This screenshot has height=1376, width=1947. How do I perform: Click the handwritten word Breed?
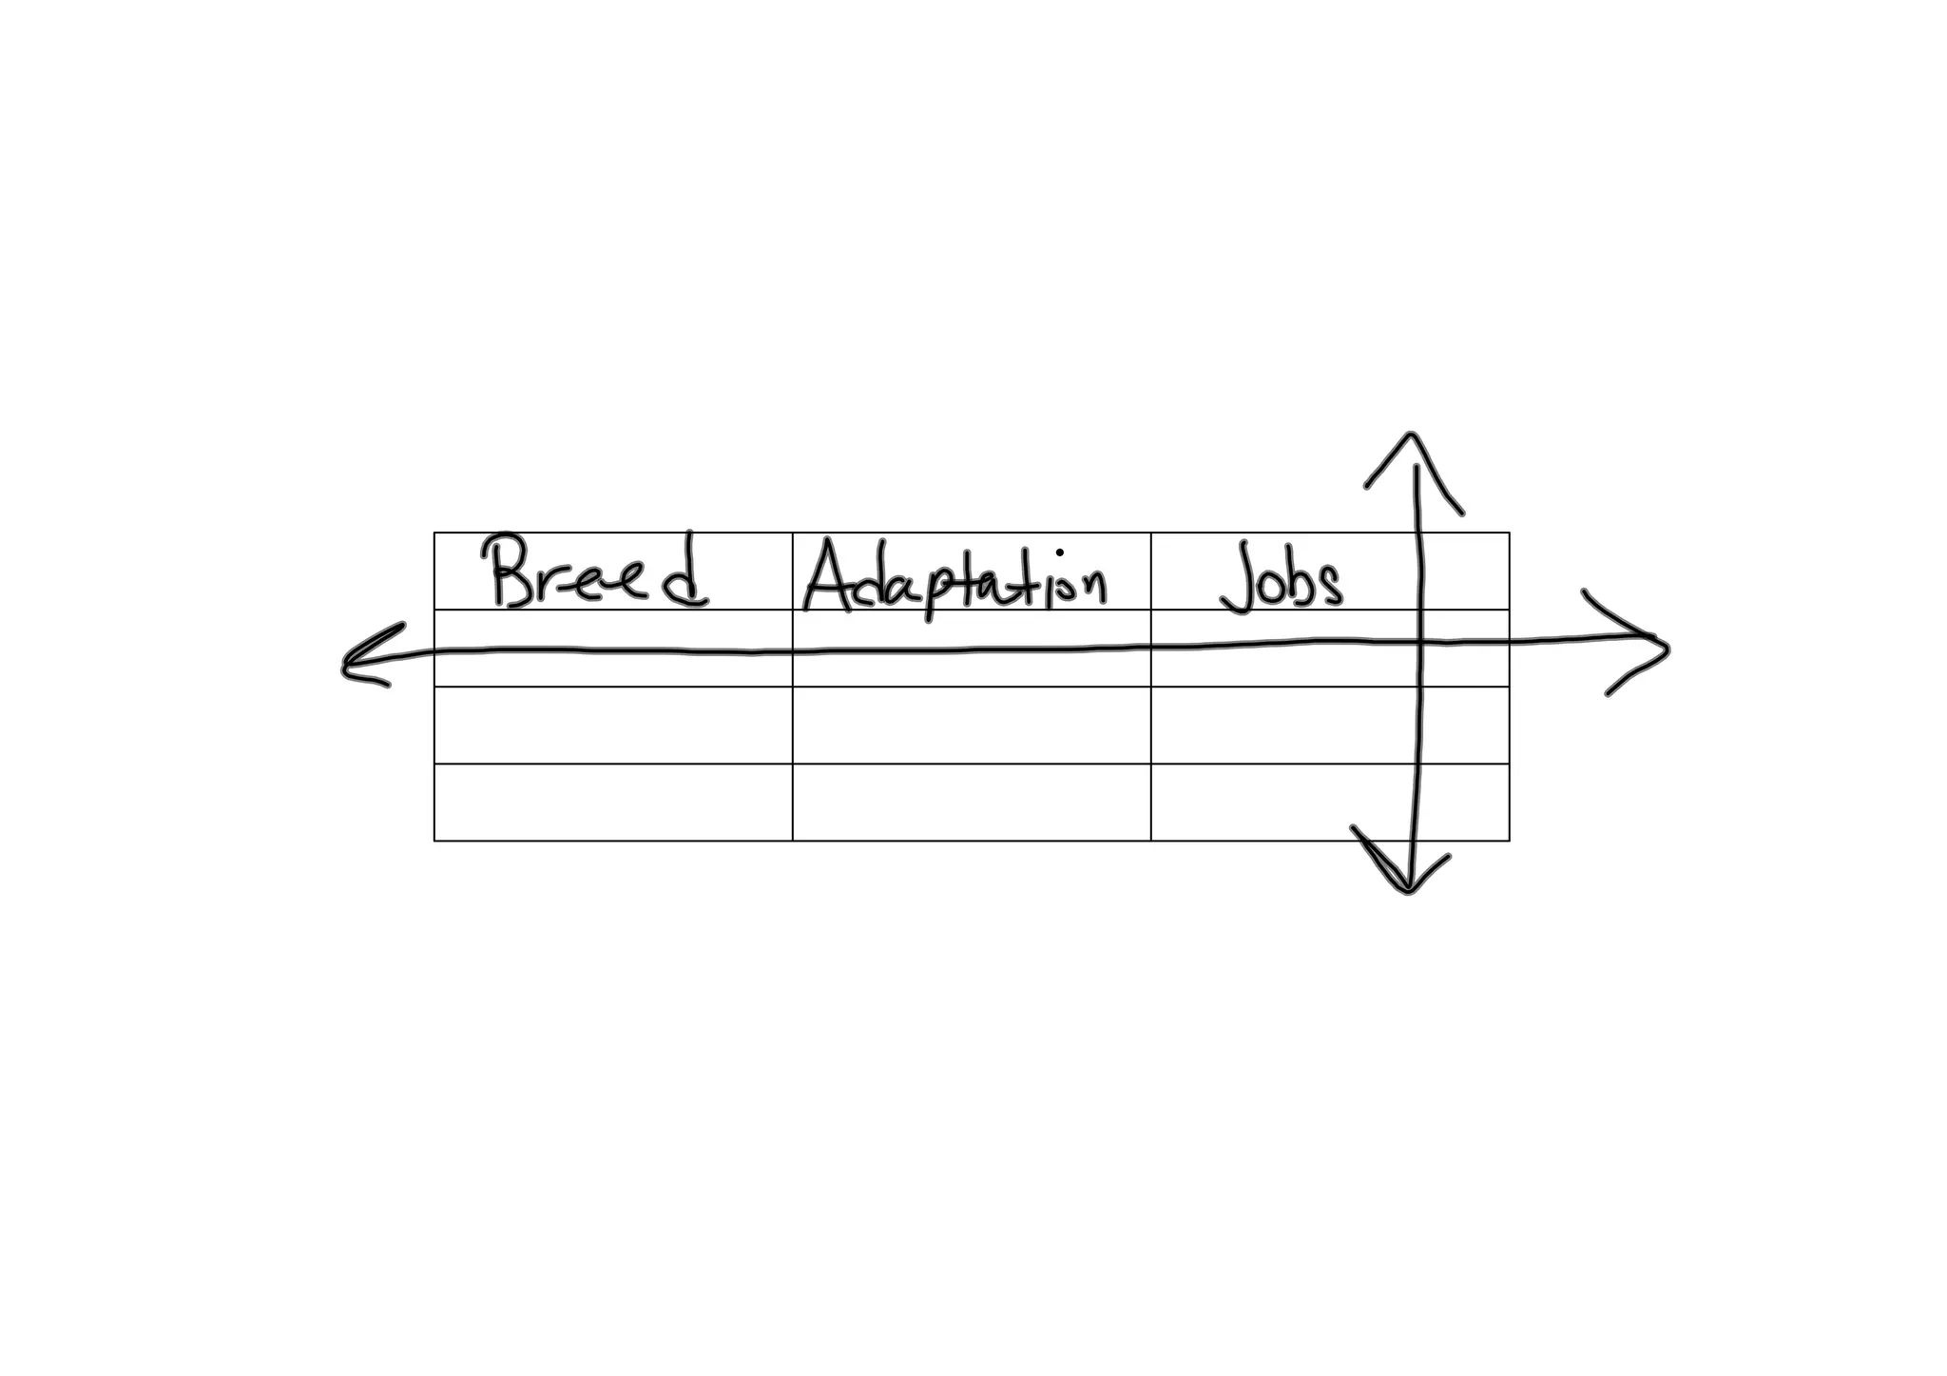597,572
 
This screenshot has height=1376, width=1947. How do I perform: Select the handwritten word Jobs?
1282,576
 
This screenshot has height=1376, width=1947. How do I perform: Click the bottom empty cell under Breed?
613,802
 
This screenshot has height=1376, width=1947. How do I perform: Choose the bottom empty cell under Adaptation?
971,802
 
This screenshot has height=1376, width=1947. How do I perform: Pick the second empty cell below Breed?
613,725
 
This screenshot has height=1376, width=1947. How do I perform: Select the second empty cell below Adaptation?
971,725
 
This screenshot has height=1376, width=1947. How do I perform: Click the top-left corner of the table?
434,533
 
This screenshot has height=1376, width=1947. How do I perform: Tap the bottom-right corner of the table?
1509,841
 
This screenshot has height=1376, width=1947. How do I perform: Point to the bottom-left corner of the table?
434,841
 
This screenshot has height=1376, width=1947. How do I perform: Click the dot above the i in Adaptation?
1059,552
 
